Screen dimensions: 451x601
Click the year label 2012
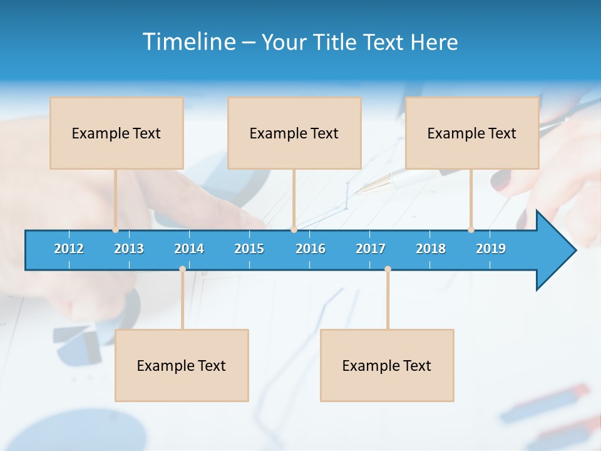(69, 249)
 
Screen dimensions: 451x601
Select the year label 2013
(129, 249)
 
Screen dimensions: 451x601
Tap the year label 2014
(189, 249)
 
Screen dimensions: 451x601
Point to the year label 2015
(249, 249)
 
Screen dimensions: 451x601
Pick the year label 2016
(311, 249)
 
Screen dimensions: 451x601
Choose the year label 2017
(371, 249)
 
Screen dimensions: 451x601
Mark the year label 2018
(431, 249)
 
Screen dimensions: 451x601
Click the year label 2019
(491, 249)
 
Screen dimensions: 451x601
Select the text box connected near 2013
(116, 133)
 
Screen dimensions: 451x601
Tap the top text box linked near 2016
(294, 133)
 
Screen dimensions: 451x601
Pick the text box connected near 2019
(472, 133)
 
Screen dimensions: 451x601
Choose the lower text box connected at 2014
(182, 365)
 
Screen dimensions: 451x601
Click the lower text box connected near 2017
(387, 365)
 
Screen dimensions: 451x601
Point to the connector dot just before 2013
(115, 230)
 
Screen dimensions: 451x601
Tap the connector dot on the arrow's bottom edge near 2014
(182, 269)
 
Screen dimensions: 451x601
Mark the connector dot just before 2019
(471, 230)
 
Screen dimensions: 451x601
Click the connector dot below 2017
(388, 269)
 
